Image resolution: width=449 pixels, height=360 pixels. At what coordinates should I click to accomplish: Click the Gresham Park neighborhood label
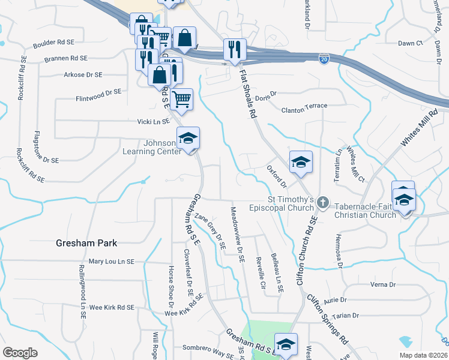86,243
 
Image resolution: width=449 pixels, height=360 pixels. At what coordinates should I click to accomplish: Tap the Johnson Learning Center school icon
188,139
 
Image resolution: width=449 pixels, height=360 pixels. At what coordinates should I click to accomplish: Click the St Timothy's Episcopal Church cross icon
324,203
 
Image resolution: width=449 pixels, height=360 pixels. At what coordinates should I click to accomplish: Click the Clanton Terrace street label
305,106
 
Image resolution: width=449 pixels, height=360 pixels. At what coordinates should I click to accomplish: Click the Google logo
20,353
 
